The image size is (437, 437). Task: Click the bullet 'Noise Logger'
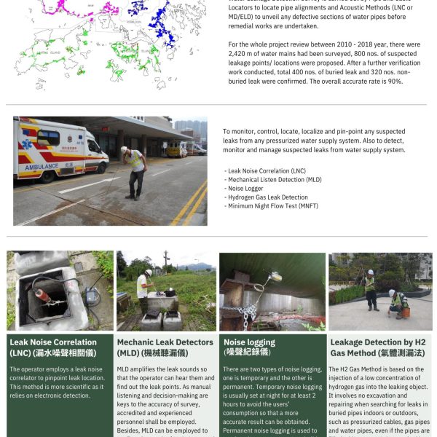pyautogui.click(x=245, y=188)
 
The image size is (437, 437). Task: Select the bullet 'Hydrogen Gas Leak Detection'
pyautogui.click(x=267, y=197)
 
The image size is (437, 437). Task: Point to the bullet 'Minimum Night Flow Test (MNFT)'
pyautogui.click(x=272, y=205)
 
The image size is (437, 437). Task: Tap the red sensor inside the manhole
pyautogui.click(x=43, y=295)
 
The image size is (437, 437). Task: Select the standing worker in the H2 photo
pyautogui.click(x=371, y=288)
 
